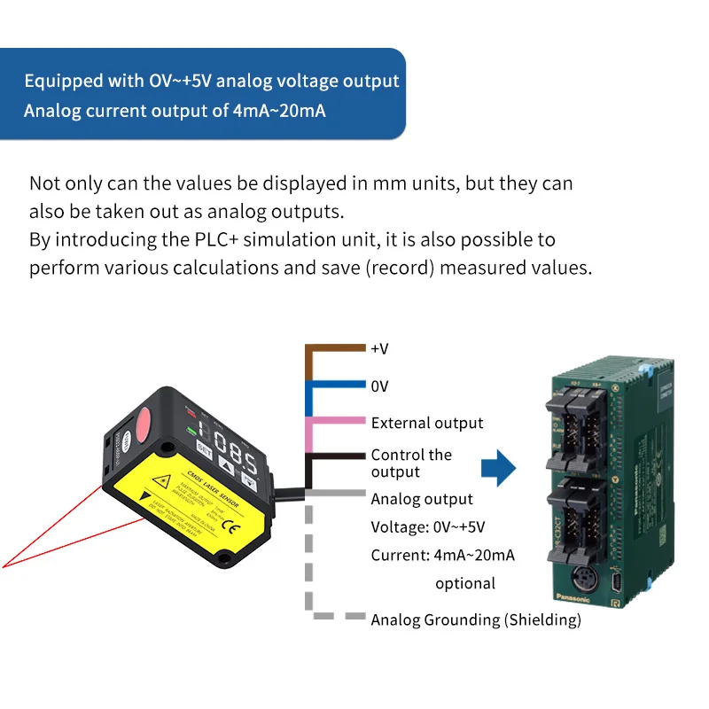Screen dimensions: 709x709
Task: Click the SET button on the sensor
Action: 203,448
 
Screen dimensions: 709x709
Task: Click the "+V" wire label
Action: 380,348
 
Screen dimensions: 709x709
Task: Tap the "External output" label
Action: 427,423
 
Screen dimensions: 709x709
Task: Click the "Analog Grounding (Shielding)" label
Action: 476,619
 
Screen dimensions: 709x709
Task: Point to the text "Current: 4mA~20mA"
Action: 442,556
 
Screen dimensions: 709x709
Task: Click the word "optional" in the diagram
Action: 465,583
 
